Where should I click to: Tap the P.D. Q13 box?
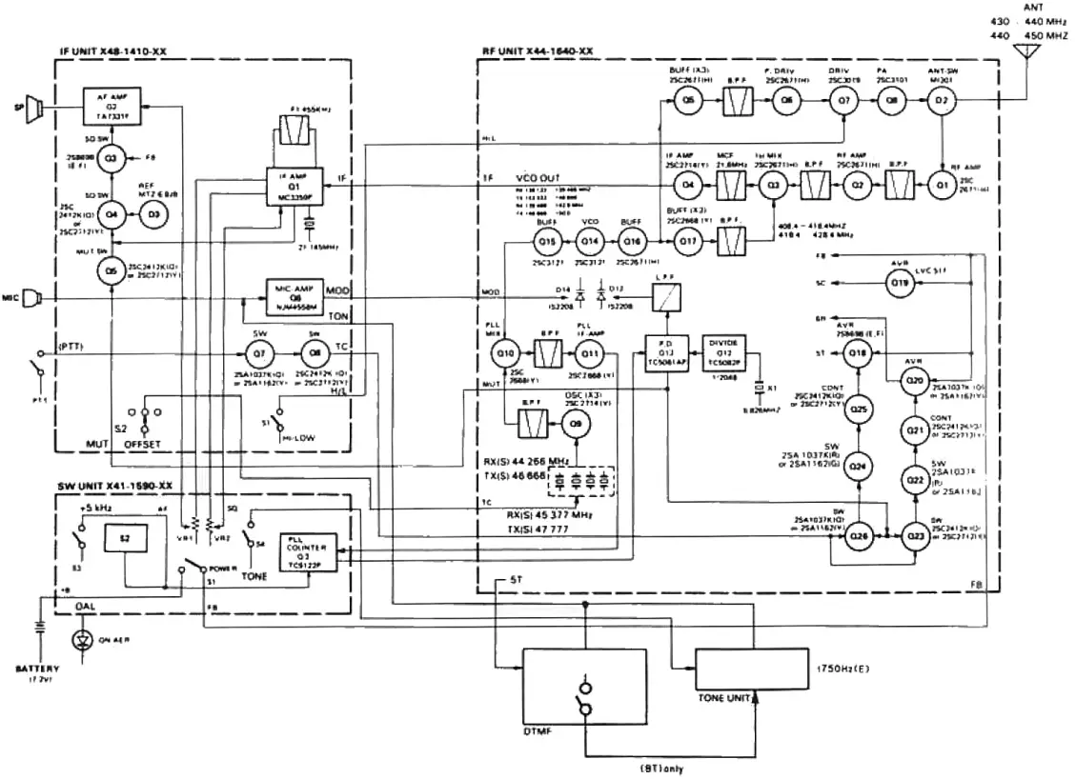pyautogui.click(x=667, y=352)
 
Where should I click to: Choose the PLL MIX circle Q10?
pyautogui.click(x=505, y=354)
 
